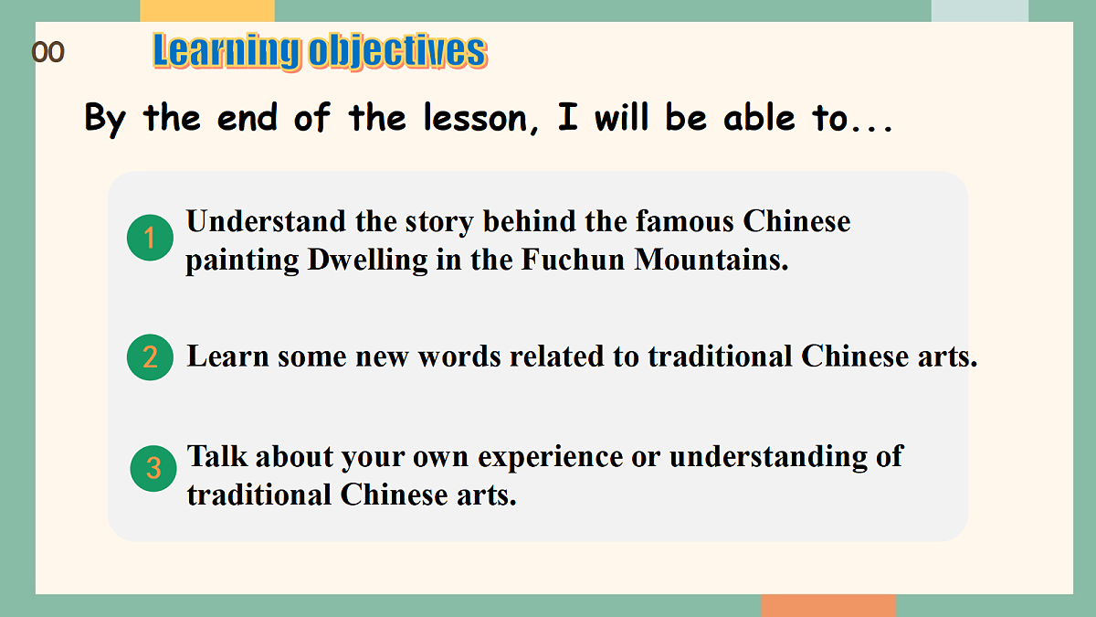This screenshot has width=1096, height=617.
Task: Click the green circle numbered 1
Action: pos(150,239)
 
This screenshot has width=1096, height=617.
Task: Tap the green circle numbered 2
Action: pos(150,356)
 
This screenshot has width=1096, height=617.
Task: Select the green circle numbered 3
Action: pos(153,469)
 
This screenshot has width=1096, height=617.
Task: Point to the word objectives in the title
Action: pos(397,51)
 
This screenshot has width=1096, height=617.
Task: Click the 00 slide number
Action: pos(48,53)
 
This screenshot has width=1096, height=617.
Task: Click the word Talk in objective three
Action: pos(216,456)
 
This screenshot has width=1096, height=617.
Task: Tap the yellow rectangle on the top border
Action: pos(207,10)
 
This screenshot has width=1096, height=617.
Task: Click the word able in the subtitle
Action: pos(747,119)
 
